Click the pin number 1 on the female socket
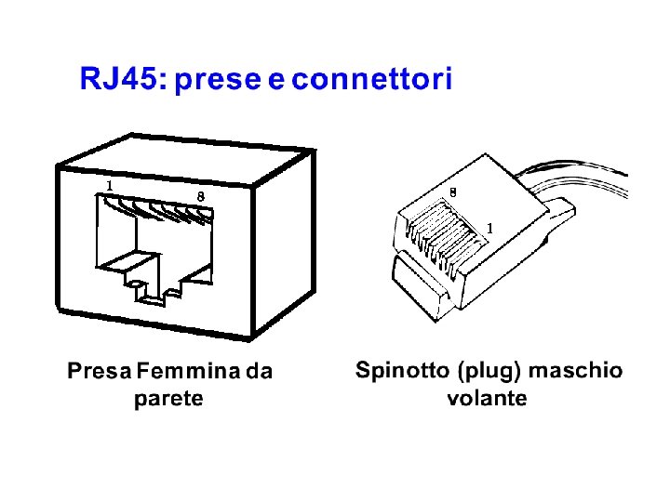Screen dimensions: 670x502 click(110, 185)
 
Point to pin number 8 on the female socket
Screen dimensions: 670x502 click(201, 195)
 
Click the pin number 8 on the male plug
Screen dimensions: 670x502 click(452, 192)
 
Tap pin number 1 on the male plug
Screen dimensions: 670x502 click(490, 228)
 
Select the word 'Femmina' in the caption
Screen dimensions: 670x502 click(188, 372)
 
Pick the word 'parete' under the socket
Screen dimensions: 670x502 click(168, 400)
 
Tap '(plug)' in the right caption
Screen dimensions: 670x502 click(489, 372)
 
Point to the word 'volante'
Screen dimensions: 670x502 click(487, 399)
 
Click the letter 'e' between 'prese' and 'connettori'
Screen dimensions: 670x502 click(276, 80)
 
